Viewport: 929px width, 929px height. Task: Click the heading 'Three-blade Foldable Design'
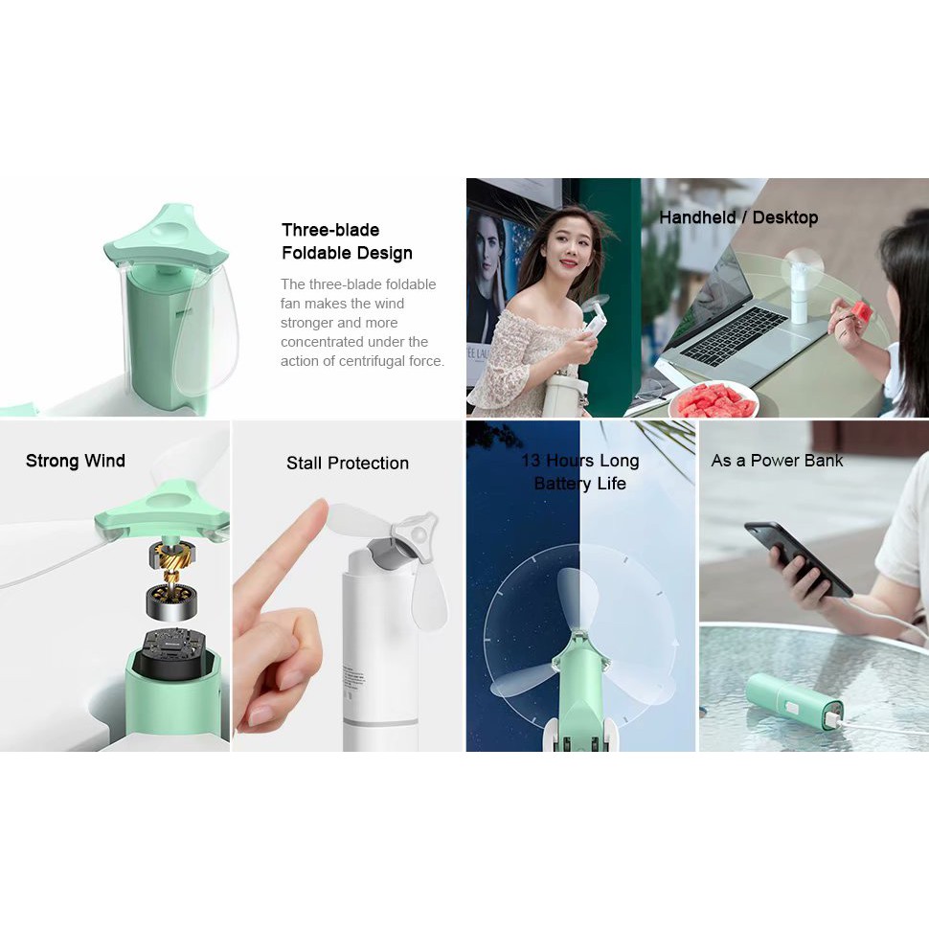point(347,241)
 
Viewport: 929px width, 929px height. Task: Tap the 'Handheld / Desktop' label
point(737,217)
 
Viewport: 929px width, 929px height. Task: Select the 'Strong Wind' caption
point(76,461)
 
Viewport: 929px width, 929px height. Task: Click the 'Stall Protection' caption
point(348,463)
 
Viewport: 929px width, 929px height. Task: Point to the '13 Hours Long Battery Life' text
point(580,471)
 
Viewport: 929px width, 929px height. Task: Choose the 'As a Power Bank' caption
point(777,460)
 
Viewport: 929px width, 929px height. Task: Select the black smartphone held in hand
point(798,557)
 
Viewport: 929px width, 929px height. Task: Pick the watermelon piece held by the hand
point(861,311)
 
